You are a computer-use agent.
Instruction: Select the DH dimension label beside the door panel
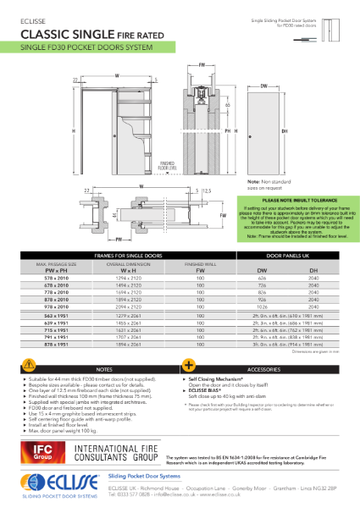point(307,131)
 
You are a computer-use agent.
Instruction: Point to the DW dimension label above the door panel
point(265,86)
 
